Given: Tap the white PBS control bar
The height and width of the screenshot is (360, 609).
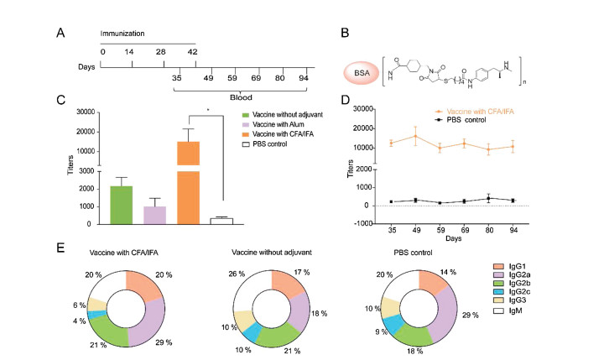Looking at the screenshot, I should pyautogui.click(x=221, y=221).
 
